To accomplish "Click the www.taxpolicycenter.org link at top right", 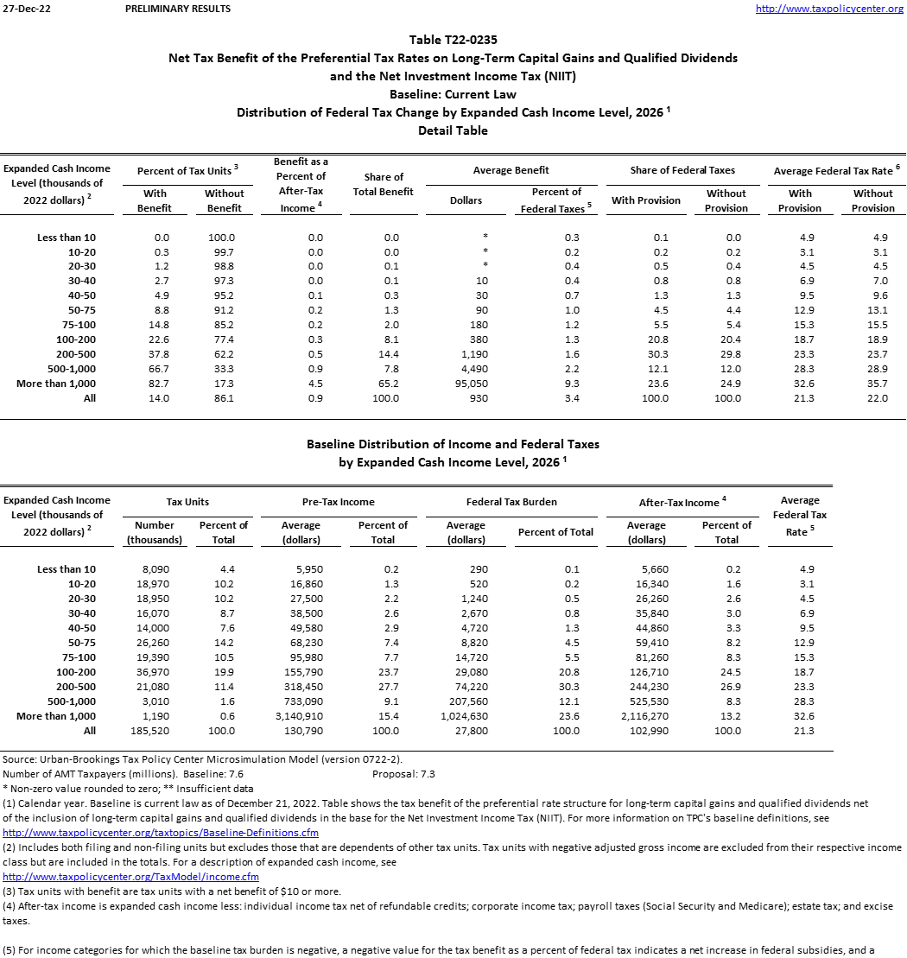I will tap(829, 9).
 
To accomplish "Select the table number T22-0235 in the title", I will tap(453, 40).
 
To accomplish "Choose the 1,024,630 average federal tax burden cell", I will tap(466, 716).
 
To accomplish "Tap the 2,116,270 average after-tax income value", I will tap(646, 716).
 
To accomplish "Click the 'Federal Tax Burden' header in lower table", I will tap(511, 502).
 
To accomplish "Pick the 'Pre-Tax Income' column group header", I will tap(339, 502).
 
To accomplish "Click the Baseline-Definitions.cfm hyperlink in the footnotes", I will tap(161, 833).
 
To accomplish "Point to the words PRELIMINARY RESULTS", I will tap(178, 9).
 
